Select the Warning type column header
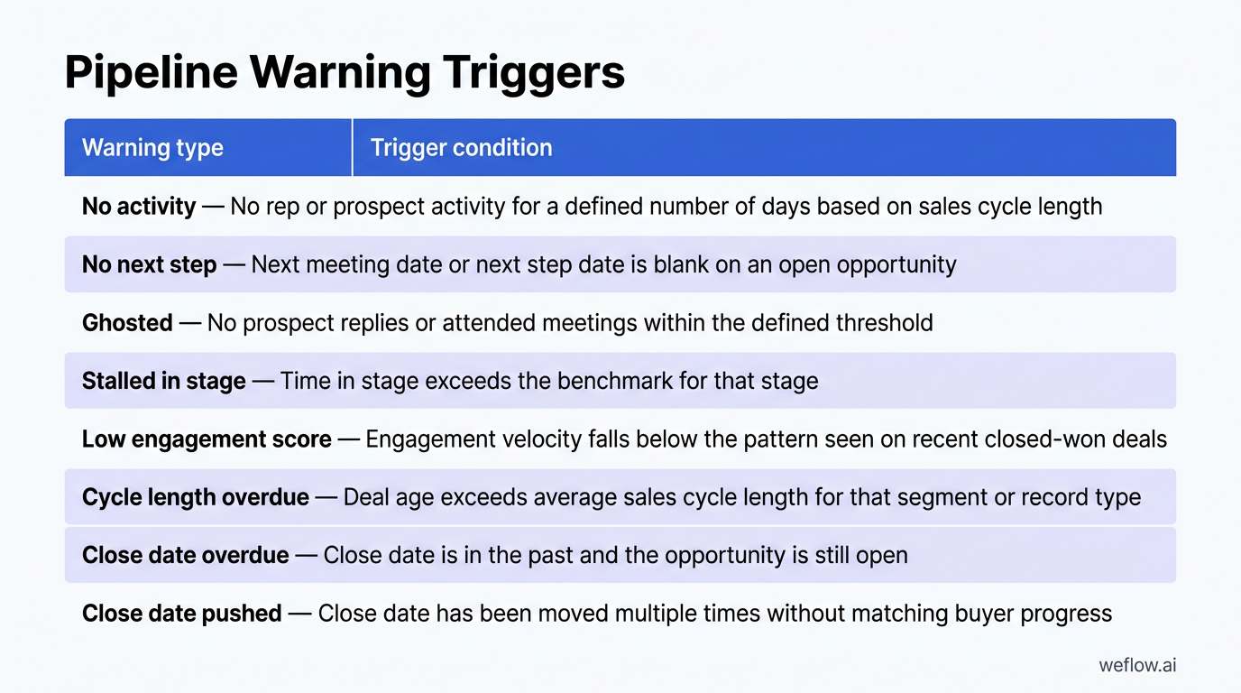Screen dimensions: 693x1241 pos(152,148)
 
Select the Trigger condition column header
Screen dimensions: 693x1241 pos(461,148)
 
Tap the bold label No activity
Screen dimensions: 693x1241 pos(138,207)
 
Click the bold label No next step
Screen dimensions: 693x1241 pos(149,264)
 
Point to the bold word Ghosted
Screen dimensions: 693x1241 pos(127,323)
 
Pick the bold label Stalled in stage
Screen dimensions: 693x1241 pos(163,381)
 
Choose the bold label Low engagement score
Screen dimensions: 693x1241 pos(207,439)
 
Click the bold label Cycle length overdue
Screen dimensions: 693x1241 pos(195,497)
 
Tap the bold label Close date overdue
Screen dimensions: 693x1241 pos(185,555)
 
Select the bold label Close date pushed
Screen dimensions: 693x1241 pos(181,614)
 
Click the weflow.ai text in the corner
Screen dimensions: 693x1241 pos(1136,666)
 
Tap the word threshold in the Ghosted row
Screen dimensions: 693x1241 pos(884,323)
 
